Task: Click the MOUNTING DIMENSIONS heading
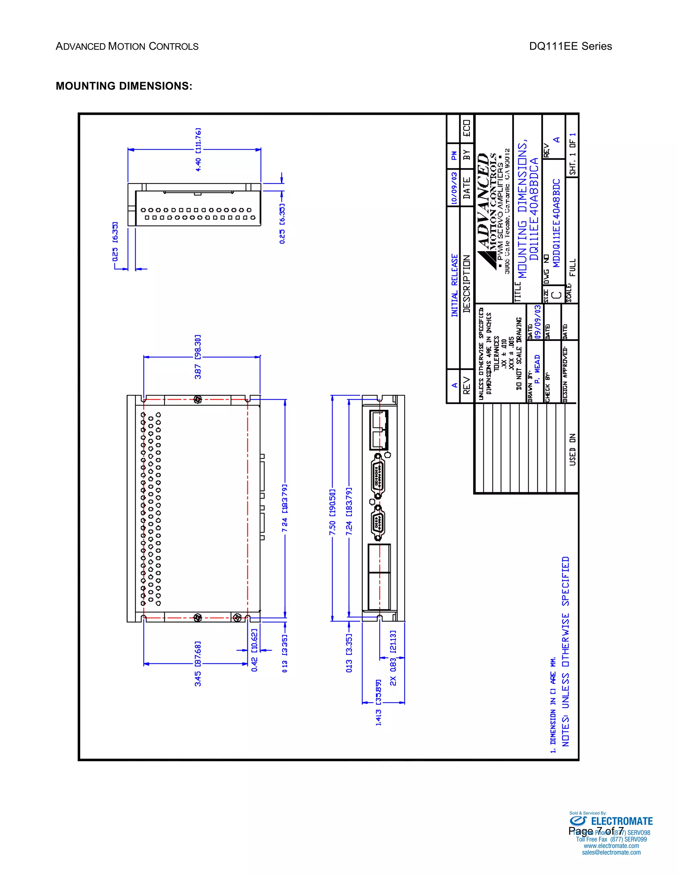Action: click(x=124, y=86)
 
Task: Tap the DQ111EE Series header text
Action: click(x=570, y=46)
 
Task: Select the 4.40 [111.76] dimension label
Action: click(x=198, y=150)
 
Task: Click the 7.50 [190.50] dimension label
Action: click(x=332, y=512)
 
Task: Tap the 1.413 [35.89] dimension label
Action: click(x=378, y=702)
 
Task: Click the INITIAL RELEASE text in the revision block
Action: click(x=454, y=285)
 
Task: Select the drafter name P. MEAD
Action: click(x=537, y=368)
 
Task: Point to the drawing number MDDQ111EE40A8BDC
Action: click(x=556, y=223)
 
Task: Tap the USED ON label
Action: click(x=572, y=449)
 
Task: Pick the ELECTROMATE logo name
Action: click(x=621, y=821)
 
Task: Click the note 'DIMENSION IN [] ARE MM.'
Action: click(x=553, y=704)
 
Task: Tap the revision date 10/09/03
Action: click(x=454, y=188)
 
